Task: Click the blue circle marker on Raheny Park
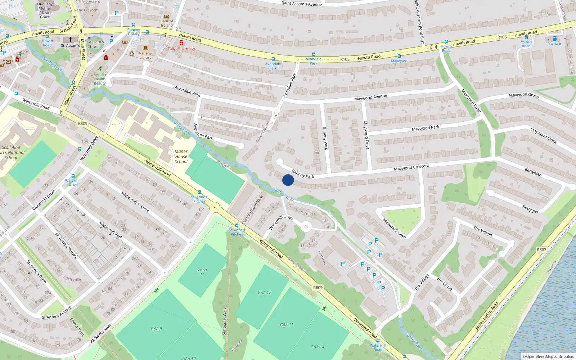(x=288, y=180)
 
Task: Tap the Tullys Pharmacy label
(x=181, y=49)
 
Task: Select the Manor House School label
(x=181, y=157)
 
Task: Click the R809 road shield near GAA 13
(x=318, y=287)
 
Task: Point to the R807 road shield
(x=541, y=249)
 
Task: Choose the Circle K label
(x=555, y=44)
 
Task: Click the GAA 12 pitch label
(x=265, y=293)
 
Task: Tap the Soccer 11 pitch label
(x=202, y=272)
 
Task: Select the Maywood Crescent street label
(x=411, y=168)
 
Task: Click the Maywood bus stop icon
(x=399, y=56)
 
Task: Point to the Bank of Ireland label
(x=167, y=23)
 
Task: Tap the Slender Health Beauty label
(x=100, y=79)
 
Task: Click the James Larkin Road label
(x=486, y=316)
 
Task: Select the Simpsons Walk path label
(x=225, y=321)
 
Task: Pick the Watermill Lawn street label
(x=281, y=222)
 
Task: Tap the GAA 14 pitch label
(x=317, y=347)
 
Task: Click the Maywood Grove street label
(x=524, y=95)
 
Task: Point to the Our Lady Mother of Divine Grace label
(x=45, y=10)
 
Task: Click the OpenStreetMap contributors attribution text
(x=548, y=356)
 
